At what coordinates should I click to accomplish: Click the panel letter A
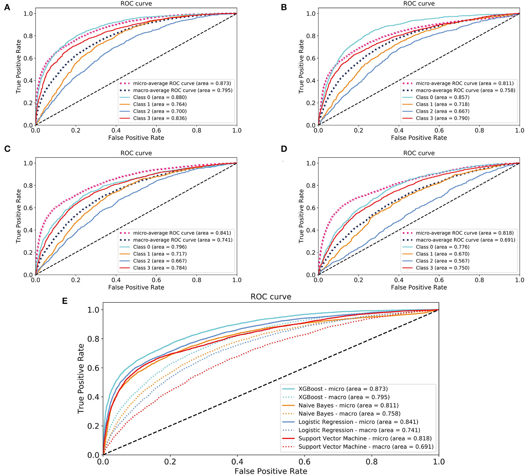tap(7, 7)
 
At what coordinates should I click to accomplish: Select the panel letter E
tap(65, 301)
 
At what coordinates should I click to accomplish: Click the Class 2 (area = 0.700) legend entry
tap(160, 111)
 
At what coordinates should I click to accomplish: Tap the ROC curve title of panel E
tap(271, 297)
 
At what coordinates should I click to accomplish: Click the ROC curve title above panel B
tap(419, 4)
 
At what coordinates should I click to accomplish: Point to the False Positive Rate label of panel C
tap(136, 287)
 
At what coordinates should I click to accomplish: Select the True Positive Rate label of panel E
tap(81, 379)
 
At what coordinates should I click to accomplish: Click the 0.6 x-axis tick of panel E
tap(304, 462)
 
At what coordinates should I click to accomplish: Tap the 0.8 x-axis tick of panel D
tap(479, 280)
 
